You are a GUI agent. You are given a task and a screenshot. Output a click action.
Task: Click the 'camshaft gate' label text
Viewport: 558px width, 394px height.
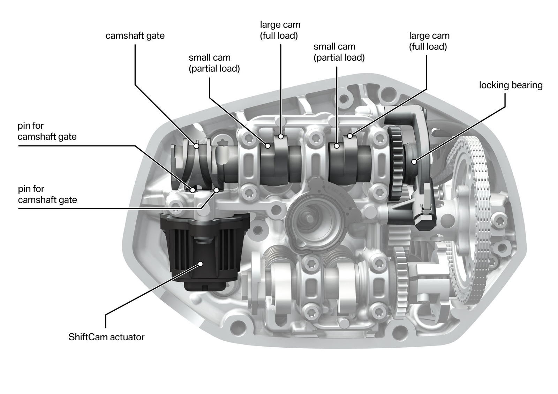click(x=135, y=36)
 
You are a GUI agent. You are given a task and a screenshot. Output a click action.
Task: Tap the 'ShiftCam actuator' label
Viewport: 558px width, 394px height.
click(x=106, y=337)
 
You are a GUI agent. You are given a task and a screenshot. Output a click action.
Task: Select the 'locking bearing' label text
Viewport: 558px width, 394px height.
click(x=511, y=85)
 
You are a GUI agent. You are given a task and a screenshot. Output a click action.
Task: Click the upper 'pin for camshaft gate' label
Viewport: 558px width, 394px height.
click(x=47, y=131)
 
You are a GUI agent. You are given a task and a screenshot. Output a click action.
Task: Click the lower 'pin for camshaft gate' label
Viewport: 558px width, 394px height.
click(x=47, y=194)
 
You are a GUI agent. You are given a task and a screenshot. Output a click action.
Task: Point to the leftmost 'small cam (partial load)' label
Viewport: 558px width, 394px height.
click(x=214, y=63)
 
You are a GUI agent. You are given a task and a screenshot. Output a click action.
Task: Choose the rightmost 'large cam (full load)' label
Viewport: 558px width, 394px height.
click(x=429, y=41)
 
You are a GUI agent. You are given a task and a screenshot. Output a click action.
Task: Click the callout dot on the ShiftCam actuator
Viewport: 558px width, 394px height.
click(x=201, y=264)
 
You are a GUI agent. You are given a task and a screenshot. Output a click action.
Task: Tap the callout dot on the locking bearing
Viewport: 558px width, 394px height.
click(x=414, y=161)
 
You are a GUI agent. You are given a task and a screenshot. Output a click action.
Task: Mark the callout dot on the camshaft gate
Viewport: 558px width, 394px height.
click(x=196, y=146)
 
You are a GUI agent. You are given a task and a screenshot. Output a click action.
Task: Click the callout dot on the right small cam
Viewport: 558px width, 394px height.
click(x=337, y=146)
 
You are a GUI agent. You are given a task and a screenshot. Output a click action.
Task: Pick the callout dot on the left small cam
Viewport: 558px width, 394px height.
click(x=268, y=146)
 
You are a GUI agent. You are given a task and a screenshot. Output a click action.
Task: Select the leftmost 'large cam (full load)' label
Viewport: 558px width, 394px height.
click(x=280, y=30)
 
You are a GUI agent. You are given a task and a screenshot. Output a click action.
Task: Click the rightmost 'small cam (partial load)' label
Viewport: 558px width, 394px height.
click(x=339, y=52)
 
